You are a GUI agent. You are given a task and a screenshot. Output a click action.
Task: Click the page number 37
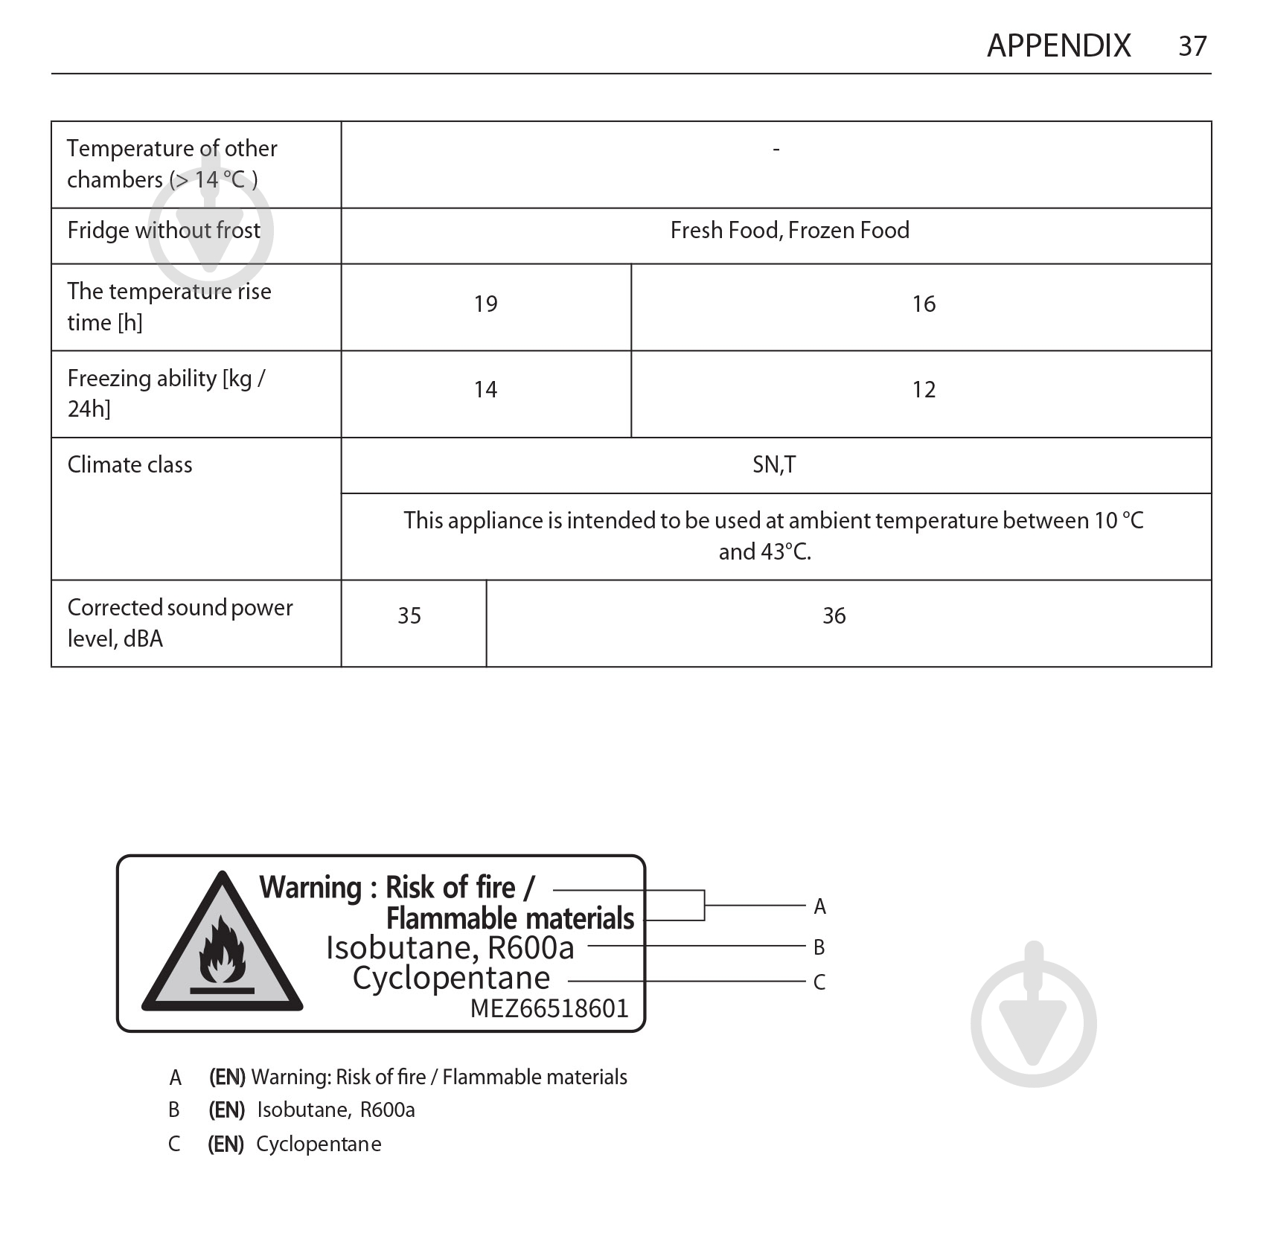(x=1192, y=46)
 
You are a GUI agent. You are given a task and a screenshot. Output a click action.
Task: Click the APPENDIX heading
(x=1058, y=46)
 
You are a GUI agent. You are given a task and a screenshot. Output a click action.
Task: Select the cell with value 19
(x=485, y=304)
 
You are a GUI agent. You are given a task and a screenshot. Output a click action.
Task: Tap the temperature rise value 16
(x=924, y=304)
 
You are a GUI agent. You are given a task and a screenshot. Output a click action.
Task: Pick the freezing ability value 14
(x=485, y=390)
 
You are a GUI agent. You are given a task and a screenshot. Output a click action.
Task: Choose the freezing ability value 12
(x=924, y=390)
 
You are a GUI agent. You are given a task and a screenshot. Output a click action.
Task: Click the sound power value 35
(x=409, y=616)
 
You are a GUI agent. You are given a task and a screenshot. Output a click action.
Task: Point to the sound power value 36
(x=834, y=616)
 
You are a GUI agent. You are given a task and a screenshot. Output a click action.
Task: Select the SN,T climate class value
(x=774, y=465)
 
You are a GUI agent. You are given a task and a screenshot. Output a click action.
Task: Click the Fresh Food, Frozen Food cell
(x=790, y=231)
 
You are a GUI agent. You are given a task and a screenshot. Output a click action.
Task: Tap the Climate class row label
(x=130, y=465)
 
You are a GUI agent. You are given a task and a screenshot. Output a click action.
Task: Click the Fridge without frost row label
(x=164, y=231)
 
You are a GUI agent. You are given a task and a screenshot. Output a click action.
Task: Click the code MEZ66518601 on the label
(x=549, y=1009)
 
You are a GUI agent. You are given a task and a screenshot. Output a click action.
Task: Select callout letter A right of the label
(x=819, y=906)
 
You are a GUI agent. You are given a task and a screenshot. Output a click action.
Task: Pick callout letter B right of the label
(x=819, y=947)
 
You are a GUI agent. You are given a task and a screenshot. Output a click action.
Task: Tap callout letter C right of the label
(x=819, y=982)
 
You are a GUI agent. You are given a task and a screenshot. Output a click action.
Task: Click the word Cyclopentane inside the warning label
(x=451, y=978)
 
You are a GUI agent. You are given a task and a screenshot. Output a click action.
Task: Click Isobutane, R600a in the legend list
(x=336, y=1110)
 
